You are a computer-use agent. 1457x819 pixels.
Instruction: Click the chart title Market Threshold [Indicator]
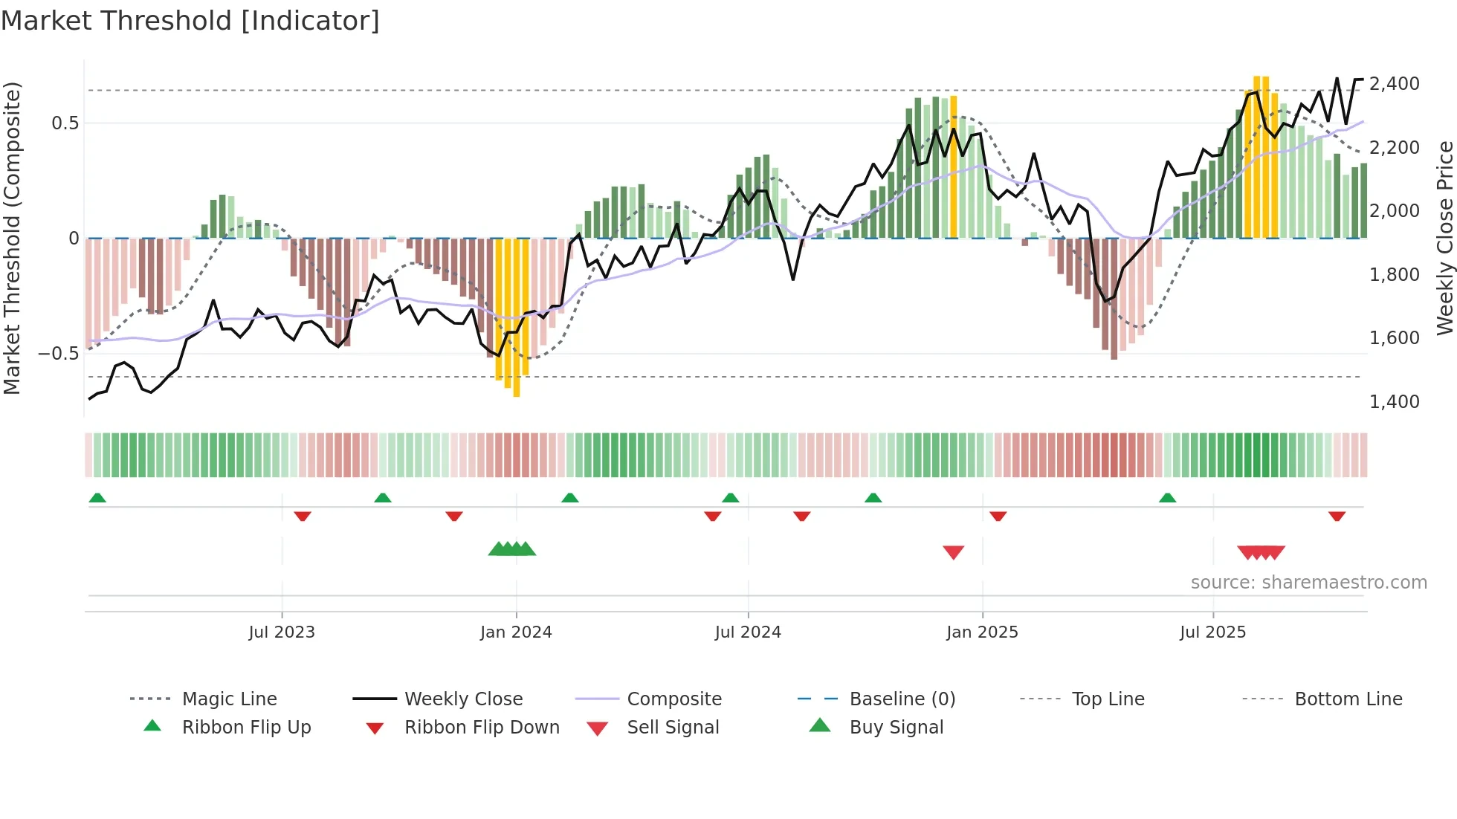(x=190, y=21)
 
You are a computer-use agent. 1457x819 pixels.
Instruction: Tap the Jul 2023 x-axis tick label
(x=282, y=632)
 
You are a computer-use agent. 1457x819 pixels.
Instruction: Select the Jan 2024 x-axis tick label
(x=516, y=632)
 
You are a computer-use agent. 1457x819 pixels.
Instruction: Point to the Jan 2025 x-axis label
(x=982, y=632)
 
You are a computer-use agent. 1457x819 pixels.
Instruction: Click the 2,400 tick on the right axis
(x=1394, y=83)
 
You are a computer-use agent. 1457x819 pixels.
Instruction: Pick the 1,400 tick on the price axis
(x=1394, y=401)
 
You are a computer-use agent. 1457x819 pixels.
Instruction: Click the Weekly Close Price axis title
(x=1444, y=238)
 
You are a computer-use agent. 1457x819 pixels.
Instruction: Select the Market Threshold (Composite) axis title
(x=12, y=238)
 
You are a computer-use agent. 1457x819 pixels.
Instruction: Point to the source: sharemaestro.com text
(x=1308, y=582)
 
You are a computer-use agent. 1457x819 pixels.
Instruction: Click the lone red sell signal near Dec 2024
(x=953, y=551)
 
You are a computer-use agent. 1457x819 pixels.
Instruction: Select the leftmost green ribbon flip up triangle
(x=97, y=498)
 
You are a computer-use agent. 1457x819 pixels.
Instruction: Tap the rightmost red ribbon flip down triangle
(x=1337, y=516)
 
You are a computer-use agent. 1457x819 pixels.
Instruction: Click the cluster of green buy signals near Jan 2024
(x=512, y=549)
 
